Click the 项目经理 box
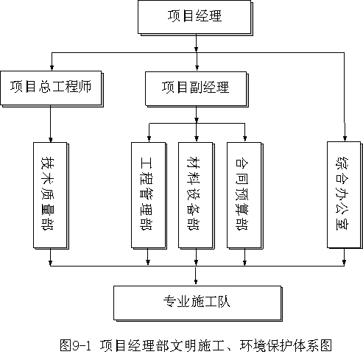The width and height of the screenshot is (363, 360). tap(195, 18)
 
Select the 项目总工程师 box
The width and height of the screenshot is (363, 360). tap(52, 89)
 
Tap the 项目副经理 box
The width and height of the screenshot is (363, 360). tap(197, 89)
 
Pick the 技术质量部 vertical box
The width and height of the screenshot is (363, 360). tap(51, 196)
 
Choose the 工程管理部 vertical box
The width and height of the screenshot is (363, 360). tap(149, 196)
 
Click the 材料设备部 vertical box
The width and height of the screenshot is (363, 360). tap(197, 196)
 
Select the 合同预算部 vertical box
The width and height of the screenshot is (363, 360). tap(245, 196)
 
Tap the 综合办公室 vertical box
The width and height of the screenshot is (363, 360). tap(345, 195)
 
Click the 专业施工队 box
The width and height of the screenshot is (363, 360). tap(198, 303)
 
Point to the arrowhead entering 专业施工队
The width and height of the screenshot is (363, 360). tap(196, 282)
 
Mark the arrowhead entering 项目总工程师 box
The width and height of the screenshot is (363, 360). tap(52, 68)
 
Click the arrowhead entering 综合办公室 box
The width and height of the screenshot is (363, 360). tap(345, 138)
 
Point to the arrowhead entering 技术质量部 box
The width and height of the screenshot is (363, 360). tap(51, 139)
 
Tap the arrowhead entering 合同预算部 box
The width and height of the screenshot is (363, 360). tap(244, 139)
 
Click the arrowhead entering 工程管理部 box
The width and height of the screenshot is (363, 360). tap(149, 139)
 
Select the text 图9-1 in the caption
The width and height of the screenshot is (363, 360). tap(75, 345)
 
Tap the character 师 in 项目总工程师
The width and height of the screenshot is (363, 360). tap(85, 86)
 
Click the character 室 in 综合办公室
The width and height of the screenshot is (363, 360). tap(342, 224)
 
